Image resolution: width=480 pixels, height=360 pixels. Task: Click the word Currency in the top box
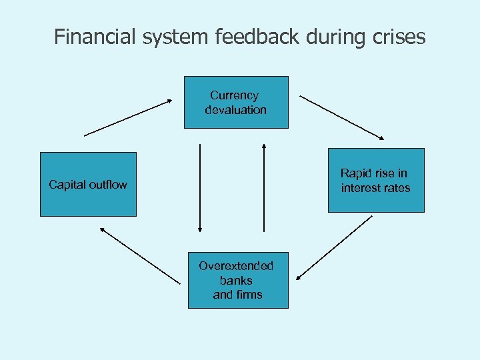pyautogui.click(x=234, y=95)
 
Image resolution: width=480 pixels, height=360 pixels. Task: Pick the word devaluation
pyautogui.click(x=235, y=110)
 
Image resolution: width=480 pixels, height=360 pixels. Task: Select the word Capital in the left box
pyautogui.click(x=67, y=185)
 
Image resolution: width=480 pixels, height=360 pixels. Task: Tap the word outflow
pyautogui.click(x=107, y=185)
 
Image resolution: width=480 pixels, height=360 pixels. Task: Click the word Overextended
pyautogui.click(x=236, y=266)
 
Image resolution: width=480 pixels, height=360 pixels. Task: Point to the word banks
pyautogui.click(x=236, y=280)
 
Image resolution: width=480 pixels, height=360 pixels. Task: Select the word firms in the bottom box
pyautogui.click(x=248, y=295)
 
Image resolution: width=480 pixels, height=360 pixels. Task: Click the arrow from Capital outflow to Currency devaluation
pyautogui.click(x=128, y=118)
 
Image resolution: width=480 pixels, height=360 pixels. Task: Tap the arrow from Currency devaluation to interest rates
pyautogui.click(x=342, y=117)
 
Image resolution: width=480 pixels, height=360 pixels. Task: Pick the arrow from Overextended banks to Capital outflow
pyautogui.click(x=139, y=255)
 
